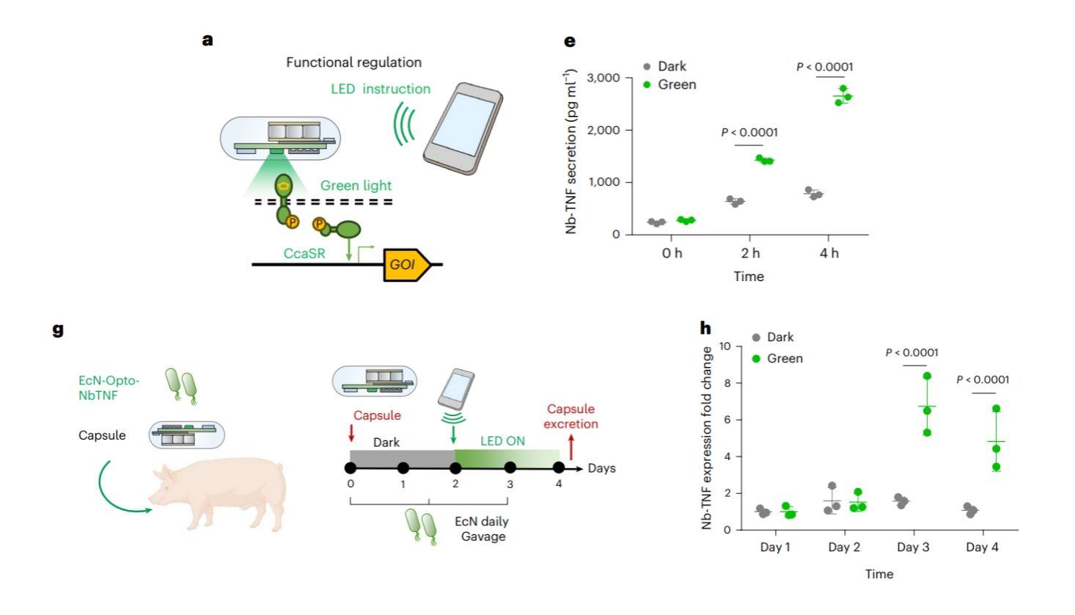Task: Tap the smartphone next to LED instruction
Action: [x=462, y=128]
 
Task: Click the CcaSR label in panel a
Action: [x=304, y=253]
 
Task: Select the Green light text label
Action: [x=356, y=186]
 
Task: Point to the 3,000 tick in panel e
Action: [x=603, y=78]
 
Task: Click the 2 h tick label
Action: [x=750, y=253]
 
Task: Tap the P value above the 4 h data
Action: [x=825, y=67]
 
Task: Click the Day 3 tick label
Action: [x=913, y=547]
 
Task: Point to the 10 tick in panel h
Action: [x=724, y=346]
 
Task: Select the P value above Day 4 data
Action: [x=983, y=379]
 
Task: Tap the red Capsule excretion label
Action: [x=570, y=416]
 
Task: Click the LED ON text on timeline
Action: [x=502, y=441]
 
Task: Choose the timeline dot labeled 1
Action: [x=403, y=468]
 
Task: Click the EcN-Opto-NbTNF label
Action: [x=109, y=387]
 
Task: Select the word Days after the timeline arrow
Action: [x=601, y=468]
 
